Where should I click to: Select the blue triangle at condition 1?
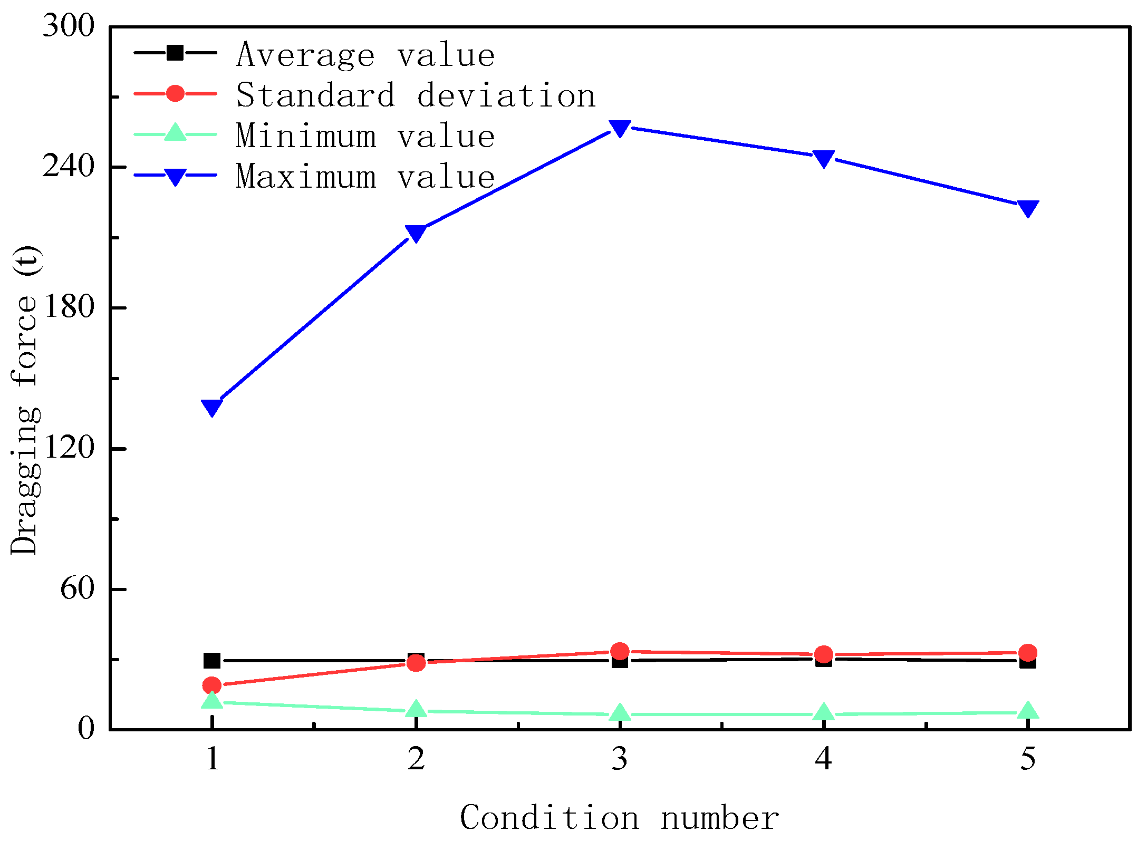(x=211, y=407)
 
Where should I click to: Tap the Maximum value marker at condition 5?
(x=1027, y=208)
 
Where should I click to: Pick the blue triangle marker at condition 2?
(x=416, y=233)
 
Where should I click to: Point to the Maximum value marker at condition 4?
(x=823, y=158)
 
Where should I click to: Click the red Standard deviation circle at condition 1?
(x=211, y=685)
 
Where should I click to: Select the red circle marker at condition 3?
(x=620, y=651)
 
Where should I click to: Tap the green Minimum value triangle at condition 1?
(x=211, y=701)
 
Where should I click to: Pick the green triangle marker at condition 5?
(x=1027, y=711)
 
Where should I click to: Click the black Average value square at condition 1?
(x=211, y=660)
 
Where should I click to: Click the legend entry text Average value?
(x=365, y=54)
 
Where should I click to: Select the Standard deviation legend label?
(x=415, y=95)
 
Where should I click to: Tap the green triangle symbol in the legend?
(x=175, y=133)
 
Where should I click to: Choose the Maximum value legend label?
(x=365, y=176)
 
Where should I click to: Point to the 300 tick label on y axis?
(x=68, y=25)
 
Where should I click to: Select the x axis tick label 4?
(x=823, y=759)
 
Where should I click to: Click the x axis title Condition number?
(x=619, y=818)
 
